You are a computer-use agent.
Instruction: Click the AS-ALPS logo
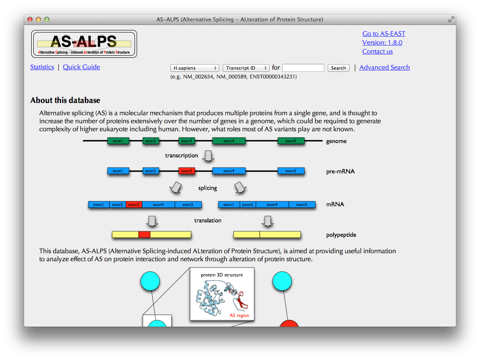coord(84,44)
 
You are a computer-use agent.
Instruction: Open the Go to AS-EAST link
coord(383,34)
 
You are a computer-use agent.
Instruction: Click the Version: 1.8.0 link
coord(382,43)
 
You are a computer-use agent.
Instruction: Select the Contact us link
coord(377,51)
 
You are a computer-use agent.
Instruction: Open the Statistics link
coord(42,67)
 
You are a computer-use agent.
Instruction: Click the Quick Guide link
coord(81,67)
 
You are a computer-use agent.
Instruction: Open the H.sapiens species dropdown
coord(195,68)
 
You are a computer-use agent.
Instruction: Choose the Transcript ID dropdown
coord(246,68)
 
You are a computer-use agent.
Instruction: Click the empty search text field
coord(303,68)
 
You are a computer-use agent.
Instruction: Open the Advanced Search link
coord(384,68)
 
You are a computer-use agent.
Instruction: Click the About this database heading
coord(65,100)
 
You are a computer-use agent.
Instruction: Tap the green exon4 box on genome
coord(229,141)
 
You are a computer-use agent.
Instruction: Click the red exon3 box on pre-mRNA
coord(186,171)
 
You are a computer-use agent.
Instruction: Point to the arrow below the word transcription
coord(208,156)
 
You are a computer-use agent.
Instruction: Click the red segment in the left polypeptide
coord(144,235)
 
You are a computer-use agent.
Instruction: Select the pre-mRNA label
coord(340,172)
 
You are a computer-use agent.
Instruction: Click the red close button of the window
coord(30,19)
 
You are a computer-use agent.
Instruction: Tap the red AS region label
coord(239,315)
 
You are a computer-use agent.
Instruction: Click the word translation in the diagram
coord(208,220)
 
